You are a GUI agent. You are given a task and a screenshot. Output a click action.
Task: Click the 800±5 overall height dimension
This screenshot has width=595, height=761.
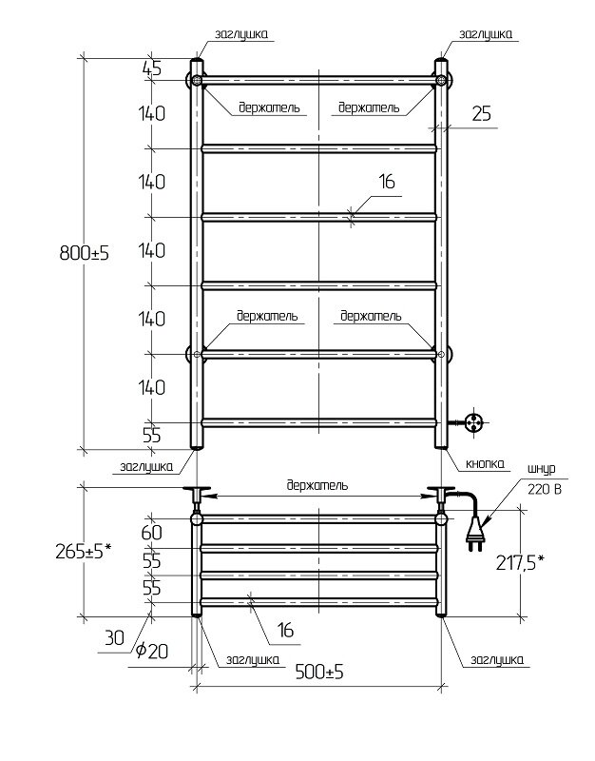pyautogui.click(x=84, y=254)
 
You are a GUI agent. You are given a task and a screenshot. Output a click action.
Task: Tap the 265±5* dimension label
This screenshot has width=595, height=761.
pyautogui.click(x=84, y=551)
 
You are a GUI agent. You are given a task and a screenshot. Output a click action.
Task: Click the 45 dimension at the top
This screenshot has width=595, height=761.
pyautogui.click(x=152, y=68)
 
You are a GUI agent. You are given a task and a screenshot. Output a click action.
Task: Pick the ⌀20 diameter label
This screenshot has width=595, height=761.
pyautogui.click(x=152, y=651)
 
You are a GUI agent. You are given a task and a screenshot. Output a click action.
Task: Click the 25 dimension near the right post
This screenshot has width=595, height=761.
pyautogui.click(x=481, y=114)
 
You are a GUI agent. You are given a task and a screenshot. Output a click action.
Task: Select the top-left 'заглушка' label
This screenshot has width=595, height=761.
pyautogui.click(x=241, y=33)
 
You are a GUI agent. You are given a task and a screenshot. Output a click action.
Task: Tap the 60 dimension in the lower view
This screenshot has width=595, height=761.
pyautogui.click(x=152, y=533)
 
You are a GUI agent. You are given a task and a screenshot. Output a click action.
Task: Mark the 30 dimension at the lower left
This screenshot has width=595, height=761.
pyautogui.click(x=116, y=639)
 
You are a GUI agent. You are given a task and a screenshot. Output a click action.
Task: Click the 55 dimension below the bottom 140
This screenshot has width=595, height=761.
pyautogui.click(x=152, y=436)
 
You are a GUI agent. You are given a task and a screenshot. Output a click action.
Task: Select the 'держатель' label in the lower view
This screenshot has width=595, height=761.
pyautogui.click(x=317, y=485)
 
